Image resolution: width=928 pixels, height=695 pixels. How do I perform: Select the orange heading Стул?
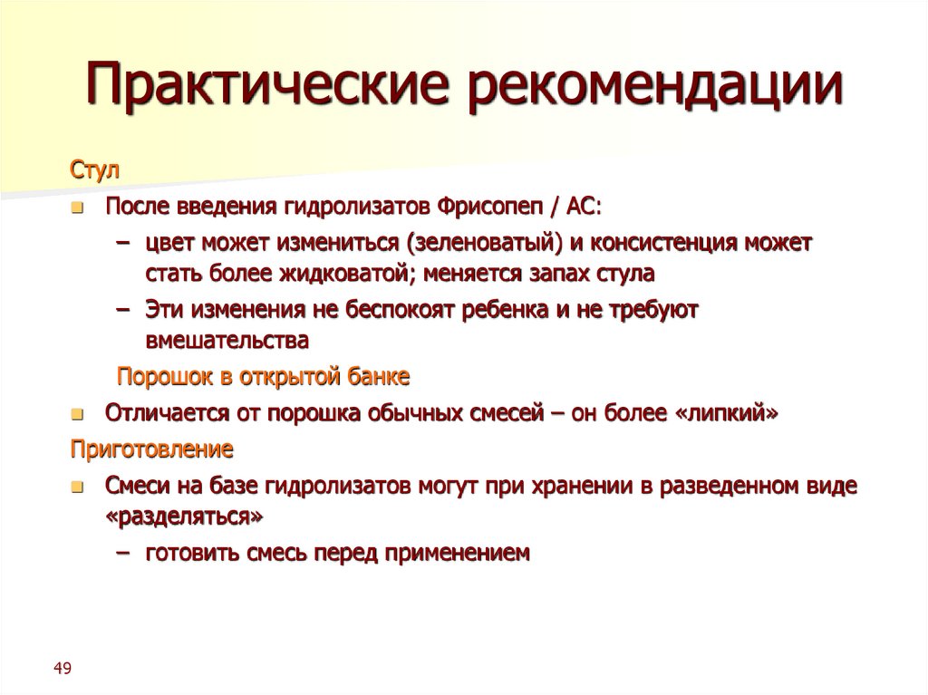pos(92,170)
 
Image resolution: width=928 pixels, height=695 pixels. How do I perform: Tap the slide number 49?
pos(63,669)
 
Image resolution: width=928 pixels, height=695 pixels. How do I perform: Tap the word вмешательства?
pos(227,340)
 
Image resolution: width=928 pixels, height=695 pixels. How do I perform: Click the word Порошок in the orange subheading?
pos(163,376)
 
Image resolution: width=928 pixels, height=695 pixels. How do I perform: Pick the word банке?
pos(378,376)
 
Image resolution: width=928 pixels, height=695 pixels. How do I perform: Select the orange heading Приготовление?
pos(152,449)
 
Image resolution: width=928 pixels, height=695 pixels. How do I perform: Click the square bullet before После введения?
pos(78,208)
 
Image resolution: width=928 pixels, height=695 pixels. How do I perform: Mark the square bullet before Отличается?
pos(78,415)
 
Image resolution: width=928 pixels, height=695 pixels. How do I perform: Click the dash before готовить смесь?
pos(123,554)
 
